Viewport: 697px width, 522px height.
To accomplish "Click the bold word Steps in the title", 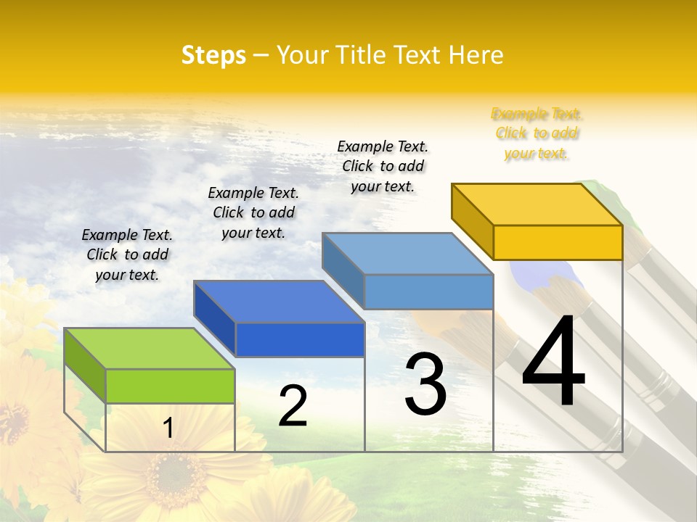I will tap(213, 55).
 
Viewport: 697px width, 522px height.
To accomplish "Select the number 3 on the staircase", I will tap(425, 384).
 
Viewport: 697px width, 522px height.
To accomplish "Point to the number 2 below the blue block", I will tap(293, 406).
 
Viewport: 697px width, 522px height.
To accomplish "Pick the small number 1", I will tap(168, 428).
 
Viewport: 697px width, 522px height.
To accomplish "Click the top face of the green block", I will tap(150, 349).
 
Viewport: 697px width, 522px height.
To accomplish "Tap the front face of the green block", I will tap(170, 386).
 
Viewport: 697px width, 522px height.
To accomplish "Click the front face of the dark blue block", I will tap(300, 339).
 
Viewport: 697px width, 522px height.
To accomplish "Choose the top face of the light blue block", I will tap(407, 254).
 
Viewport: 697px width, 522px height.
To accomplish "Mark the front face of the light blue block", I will tap(428, 291).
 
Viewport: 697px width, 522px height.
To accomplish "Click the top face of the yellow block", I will tap(537, 204).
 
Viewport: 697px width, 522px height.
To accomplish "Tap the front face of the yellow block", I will tap(558, 242).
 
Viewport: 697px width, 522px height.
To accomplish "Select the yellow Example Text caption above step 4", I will tap(537, 133).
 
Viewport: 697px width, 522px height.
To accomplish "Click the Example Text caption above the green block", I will tap(127, 254).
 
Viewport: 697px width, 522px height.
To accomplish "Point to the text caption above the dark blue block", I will tap(253, 212).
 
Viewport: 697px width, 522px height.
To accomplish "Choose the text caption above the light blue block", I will tap(383, 166).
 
